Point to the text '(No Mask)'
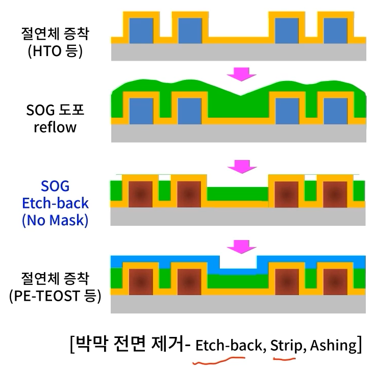[x=55, y=221]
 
